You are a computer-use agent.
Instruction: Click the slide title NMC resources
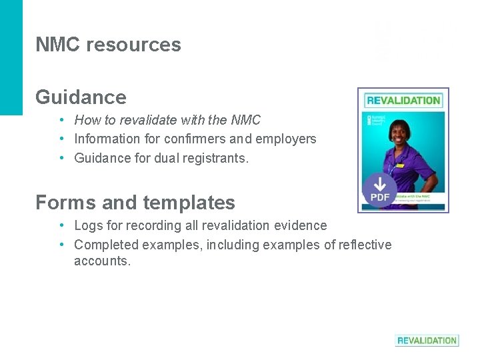coord(108,45)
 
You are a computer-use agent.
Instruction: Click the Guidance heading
coord(81,97)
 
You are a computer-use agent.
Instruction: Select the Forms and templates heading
coord(135,202)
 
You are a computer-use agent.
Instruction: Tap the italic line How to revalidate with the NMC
coord(167,121)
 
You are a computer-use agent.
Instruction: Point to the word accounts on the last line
coord(102,261)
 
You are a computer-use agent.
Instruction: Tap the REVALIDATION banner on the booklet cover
coord(403,101)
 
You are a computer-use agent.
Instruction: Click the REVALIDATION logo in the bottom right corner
coord(427,340)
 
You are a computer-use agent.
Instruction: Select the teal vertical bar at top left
coord(11,57)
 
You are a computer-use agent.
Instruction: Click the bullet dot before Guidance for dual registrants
coord(61,158)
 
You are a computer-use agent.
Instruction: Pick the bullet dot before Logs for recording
coord(61,226)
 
